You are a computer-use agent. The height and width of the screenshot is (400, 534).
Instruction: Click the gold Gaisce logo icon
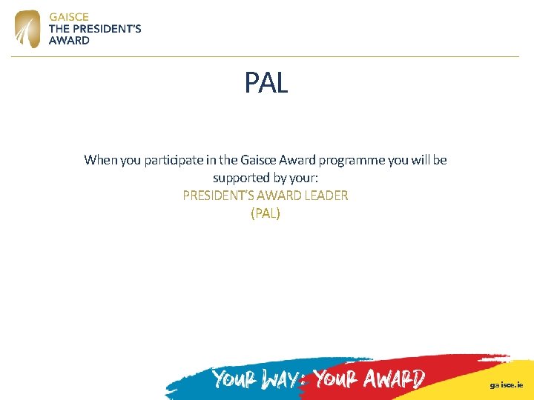[x=28, y=29]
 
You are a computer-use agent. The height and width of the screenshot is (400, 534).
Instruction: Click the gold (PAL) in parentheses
[x=266, y=213]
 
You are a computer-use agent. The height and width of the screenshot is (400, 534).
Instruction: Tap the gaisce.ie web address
[x=506, y=385]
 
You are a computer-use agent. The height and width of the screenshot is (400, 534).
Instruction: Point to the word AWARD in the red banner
[x=395, y=380]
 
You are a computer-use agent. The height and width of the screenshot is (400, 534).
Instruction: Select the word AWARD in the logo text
[x=69, y=41]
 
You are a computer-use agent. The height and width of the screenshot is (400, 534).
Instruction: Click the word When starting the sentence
[x=100, y=160]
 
